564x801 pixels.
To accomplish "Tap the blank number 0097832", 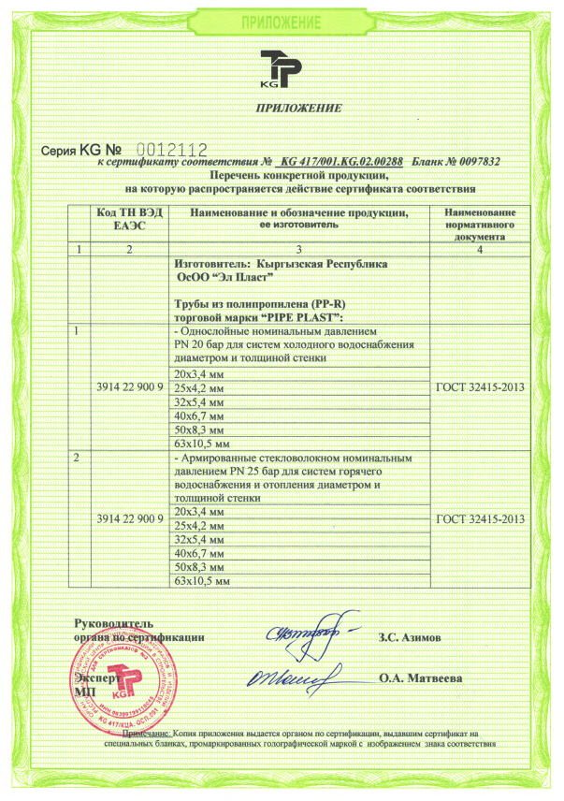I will pyautogui.click(x=471, y=162).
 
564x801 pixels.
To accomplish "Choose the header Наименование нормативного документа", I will pyautogui.click(x=480, y=226).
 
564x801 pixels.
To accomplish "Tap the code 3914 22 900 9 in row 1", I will pyautogui.click(x=130, y=386).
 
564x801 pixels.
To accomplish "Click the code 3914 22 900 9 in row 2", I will pyautogui.click(x=130, y=519).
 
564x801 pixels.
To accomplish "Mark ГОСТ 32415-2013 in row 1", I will pyautogui.click(x=480, y=386).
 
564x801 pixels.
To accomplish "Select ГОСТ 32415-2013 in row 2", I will pyautogui.click(x=480, y=519).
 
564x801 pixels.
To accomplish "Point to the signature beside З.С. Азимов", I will pyautogui.click(x=308, y=633).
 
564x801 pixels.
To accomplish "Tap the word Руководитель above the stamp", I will pyautogui.click(x=115, y=623).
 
